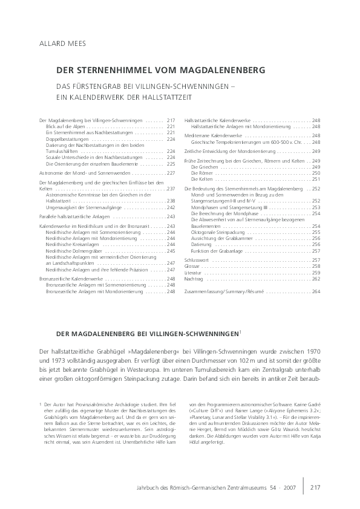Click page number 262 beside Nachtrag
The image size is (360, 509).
point(316,279)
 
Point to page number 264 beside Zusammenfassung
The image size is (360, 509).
point(316,291)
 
